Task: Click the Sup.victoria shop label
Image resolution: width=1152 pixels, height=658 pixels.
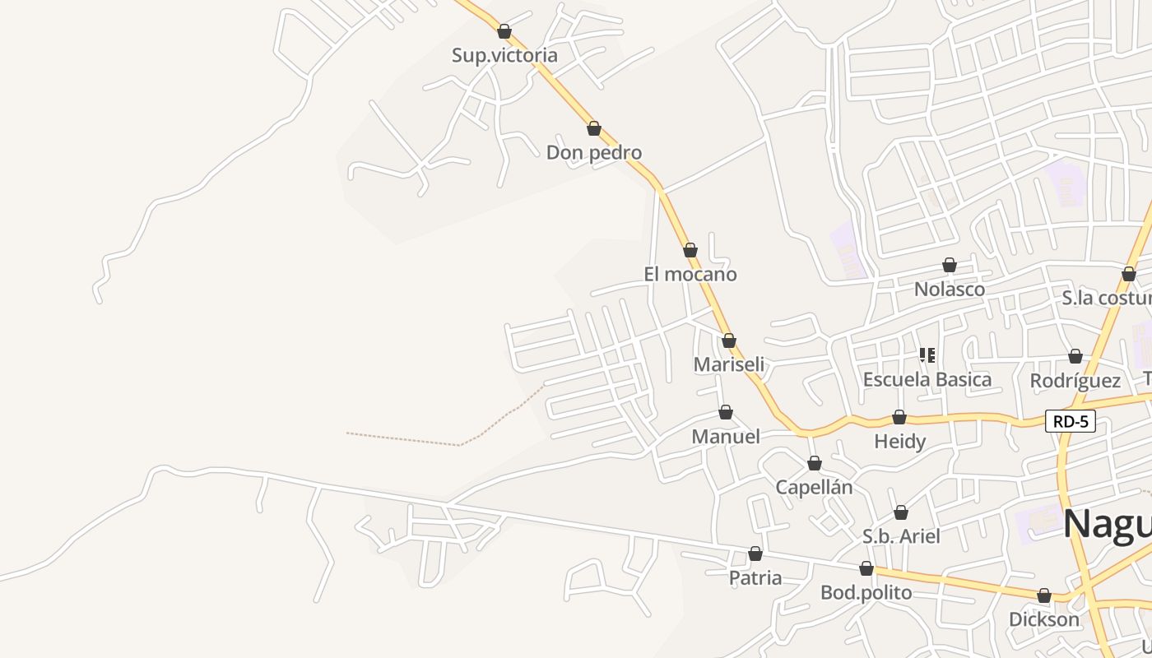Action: (x=504, y=55)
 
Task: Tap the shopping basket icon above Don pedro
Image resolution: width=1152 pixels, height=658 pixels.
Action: (x=594, y=128)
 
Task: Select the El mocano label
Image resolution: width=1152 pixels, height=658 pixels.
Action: (x=690, y=274)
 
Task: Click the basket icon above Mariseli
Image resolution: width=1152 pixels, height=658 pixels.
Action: (x=729, y=341)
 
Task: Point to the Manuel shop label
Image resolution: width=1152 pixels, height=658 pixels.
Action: (x=726, y=436)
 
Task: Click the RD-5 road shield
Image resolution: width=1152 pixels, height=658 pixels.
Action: (x=1071, y=422)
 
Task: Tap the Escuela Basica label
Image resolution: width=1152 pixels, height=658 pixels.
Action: (x=927, y=379)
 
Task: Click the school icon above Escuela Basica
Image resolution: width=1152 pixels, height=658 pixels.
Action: (x=927, y=355)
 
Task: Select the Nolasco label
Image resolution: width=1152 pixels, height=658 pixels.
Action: (x=950, y=290)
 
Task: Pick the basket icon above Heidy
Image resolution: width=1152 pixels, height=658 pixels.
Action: (x=899, y=418)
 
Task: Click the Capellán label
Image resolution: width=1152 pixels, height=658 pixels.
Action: (x=814, y=487)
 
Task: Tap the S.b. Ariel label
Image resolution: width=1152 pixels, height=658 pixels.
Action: (x=901, y=536)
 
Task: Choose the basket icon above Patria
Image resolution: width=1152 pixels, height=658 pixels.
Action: (x=755, y=554)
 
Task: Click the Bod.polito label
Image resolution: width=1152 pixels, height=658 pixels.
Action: (x=866, y=592)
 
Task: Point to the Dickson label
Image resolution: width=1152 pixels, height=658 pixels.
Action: (x=1044, y=619)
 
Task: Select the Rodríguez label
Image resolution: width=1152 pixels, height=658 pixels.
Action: (x=1075, y=381)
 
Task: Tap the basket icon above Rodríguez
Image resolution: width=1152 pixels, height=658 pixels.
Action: (x=1075, y=356)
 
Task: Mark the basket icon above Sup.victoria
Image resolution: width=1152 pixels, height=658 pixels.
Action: (x=504, y=31)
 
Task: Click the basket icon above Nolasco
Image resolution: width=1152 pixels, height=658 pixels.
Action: (x=950, y=265)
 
